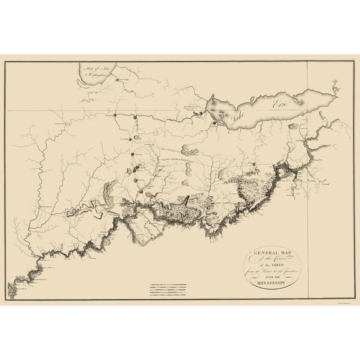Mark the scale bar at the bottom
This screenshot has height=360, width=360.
click(169, 288)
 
